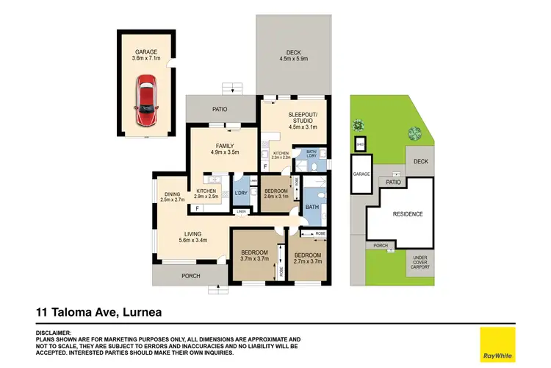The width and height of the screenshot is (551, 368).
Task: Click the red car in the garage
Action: point(147,102)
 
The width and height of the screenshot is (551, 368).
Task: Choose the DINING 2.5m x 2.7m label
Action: point(171,197)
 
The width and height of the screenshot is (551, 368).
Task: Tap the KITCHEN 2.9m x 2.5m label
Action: point(206,194)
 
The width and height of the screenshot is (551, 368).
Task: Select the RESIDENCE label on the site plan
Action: point(406,214)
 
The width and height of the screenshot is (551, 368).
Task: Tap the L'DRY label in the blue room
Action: point(240,194)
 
